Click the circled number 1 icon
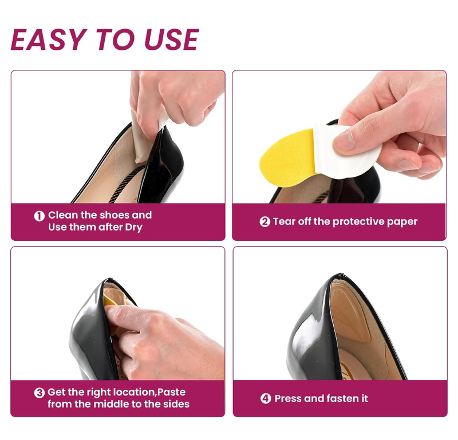(x=39, y=216)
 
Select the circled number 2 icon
(x=264, y=222)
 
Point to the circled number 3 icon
(x=39, y=393)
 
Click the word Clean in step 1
(x=63, y=216)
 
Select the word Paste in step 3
(x=172, y=393)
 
